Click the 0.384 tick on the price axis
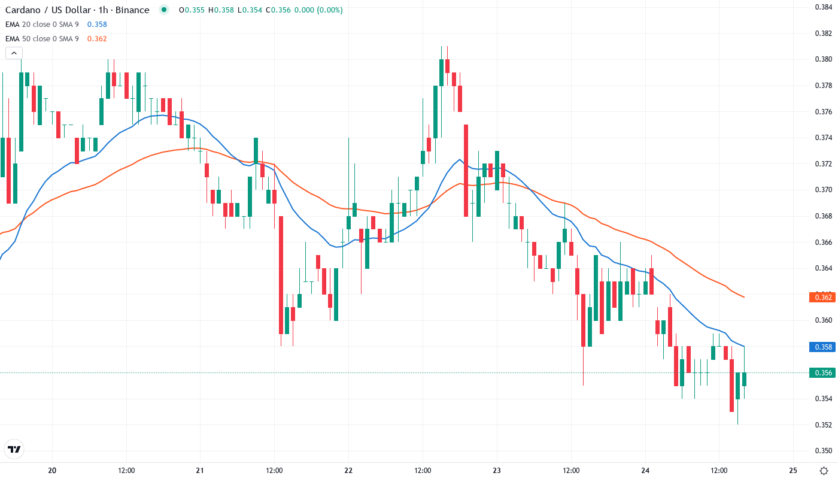pos(823,7)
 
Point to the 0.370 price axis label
pos(823,190)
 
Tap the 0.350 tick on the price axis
pos(823,451)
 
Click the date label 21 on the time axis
pos(200,470)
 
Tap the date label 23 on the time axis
pos(497,470)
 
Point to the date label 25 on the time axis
pos(793,470)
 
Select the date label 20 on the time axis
pos(52,470)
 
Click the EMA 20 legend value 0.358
pos(97,25)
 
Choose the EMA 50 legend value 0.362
pos(97,39)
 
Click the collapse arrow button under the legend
pos(13,53)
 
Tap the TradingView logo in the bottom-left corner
pos(14,449)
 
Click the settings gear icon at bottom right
pos(825,470)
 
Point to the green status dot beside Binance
pos(164,10)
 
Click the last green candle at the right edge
pos(744,379)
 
